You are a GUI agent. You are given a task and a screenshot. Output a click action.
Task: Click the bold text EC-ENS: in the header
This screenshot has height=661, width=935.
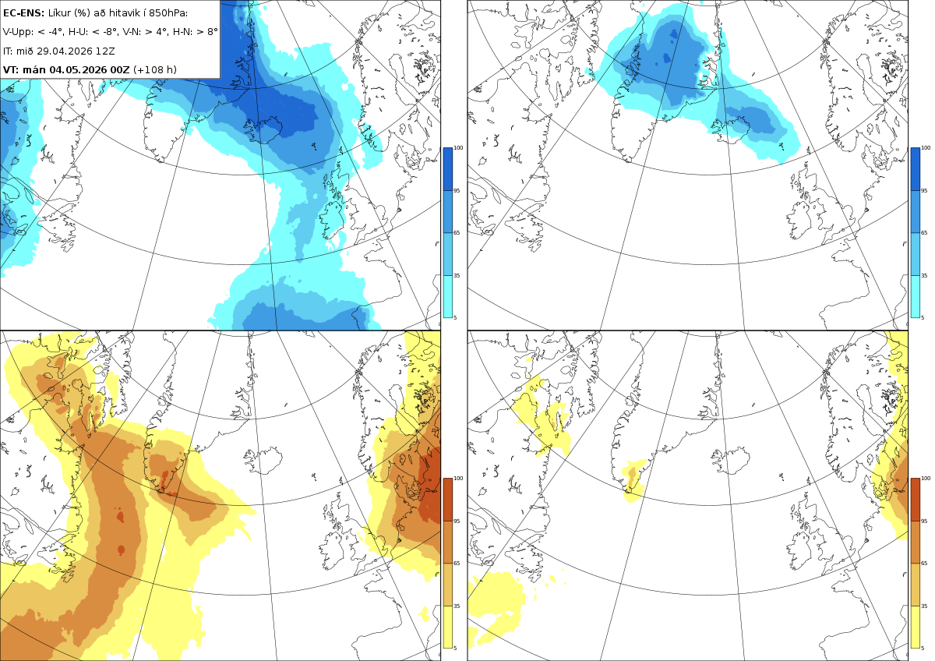(x=23, y=13)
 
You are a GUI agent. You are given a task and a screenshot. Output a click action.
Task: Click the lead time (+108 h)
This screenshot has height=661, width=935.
(x=155, y=69)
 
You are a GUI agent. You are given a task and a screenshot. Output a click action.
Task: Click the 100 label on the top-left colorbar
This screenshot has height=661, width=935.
(x=458, y=148)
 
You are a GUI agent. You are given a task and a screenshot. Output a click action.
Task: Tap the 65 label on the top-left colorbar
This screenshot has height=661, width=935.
(x=457, y=232)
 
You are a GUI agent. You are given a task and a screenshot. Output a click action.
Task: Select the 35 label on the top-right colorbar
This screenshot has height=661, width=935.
(x=924, y=276)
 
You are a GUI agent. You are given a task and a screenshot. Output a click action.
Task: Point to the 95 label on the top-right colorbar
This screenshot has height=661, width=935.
(x=924, y=190)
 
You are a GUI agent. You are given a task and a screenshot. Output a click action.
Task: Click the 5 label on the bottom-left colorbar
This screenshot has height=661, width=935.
(x=455, y=648)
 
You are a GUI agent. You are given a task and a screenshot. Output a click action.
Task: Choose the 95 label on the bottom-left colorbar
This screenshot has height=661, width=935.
(x=457, y=521)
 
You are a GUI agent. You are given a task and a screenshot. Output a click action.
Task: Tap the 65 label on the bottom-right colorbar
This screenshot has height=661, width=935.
(x=924, y=564)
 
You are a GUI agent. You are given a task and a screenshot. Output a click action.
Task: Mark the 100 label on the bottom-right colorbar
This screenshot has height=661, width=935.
(x=926, y=479)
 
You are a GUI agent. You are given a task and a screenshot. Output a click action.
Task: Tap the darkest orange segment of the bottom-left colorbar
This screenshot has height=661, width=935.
(x=447, y=500)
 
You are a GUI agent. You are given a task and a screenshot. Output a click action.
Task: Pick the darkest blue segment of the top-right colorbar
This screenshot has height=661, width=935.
(x=915, y=169)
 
